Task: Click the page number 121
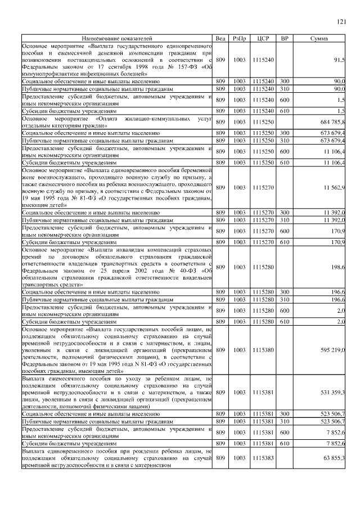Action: click(x=341, y=22)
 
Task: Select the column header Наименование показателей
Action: click(x=117, y=38)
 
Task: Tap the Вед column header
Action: click(x=220, y=38)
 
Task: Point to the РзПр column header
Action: click(x=239, y=38)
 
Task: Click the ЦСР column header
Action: click(x=263, y=38)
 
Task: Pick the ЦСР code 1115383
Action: click(x=263, y=458)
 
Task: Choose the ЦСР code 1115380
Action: click(x=263, y=350)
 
